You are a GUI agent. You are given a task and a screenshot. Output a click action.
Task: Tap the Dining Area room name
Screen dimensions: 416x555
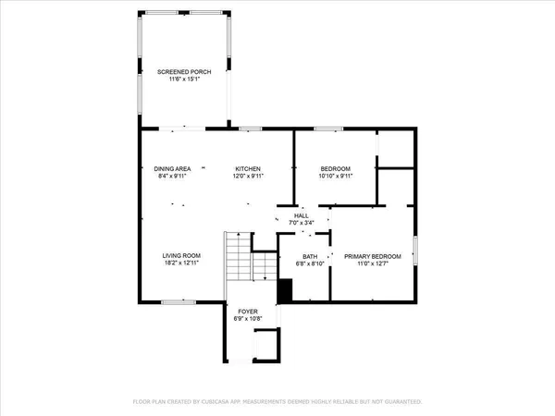172,168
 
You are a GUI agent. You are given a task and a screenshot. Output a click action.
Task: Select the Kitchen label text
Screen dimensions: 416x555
247,168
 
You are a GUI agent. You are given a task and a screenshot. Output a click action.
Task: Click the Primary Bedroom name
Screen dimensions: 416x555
373,256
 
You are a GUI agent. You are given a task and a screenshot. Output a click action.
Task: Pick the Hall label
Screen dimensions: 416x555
302,215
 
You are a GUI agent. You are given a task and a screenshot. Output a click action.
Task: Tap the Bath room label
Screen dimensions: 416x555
310,256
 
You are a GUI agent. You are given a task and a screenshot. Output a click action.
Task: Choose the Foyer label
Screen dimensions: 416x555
247,312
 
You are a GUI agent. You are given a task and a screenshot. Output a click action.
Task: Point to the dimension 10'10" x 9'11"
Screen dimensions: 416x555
336,176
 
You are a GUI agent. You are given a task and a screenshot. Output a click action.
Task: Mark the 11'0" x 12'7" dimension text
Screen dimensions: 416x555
373,263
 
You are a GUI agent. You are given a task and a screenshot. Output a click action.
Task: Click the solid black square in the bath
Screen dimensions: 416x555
285,291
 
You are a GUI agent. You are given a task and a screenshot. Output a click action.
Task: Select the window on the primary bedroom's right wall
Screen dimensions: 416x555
415,250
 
